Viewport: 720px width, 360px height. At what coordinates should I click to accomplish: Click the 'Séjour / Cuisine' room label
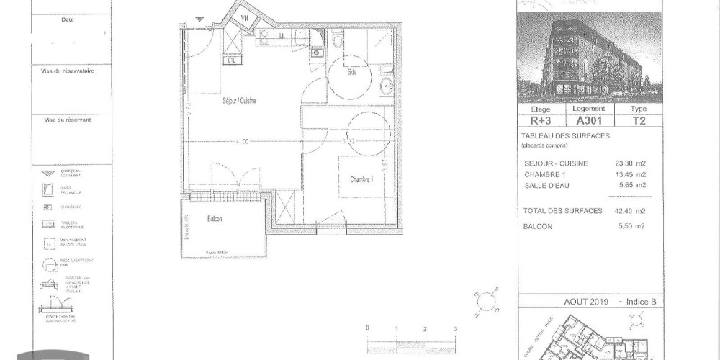tap(239, 101)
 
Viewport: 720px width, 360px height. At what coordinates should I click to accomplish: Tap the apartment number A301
tap(588, 121)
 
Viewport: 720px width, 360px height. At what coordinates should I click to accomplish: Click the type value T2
tap(638, 121)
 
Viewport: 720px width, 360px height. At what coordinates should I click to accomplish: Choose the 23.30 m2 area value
tap(629, 163)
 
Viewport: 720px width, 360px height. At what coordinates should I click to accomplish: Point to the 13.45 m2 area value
tap(629, 174)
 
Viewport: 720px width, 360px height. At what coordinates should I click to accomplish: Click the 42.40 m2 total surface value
tap(629, 210)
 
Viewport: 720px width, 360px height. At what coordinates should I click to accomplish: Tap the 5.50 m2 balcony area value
tap(631, 226)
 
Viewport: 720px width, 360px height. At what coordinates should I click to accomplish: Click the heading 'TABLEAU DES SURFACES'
tap(564, 136)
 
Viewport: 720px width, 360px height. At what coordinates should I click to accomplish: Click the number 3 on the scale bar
tap(455, 329)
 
